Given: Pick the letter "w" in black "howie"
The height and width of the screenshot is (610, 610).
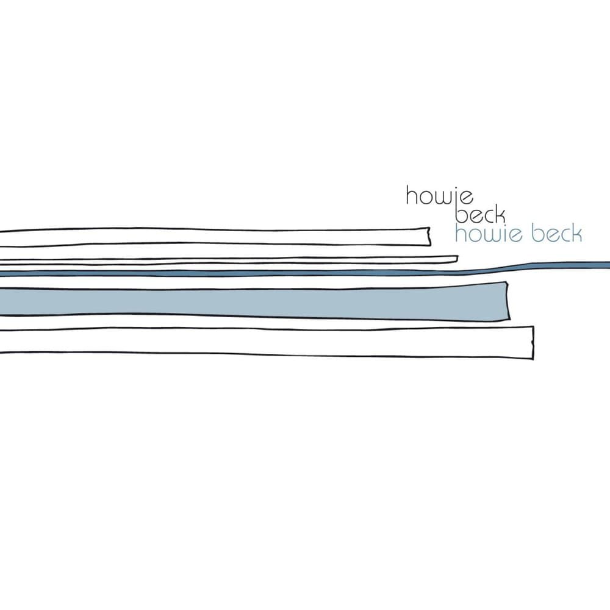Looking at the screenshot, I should [x=440, y=196].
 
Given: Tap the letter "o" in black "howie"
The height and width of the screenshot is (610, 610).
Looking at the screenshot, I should [x=426, y=196].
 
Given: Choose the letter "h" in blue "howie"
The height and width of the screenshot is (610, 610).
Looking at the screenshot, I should [x=461, y=234].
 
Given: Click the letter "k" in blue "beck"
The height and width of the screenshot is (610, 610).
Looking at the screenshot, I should [x=575, y=234].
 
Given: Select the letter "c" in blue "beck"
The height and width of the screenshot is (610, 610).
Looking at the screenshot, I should [x=563, y=236].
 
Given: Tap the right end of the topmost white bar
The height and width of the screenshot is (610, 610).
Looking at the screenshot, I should [x=428, y=236].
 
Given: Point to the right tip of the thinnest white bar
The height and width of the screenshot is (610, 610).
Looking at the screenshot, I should [x=456, y=259].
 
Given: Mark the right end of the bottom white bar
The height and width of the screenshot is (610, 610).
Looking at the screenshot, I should [x=532, y=342].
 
